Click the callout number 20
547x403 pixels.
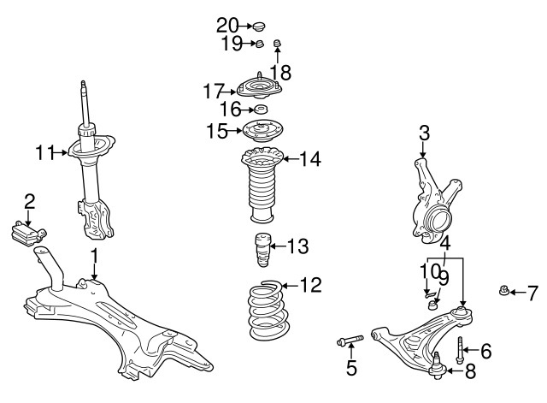(x=227, y=24)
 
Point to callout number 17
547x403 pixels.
(x=213, y=90)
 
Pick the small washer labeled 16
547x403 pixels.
(x=260, y=110)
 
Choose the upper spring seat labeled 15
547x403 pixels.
(x=262, y=132)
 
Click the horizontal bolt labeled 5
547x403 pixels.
(x=350, y=344)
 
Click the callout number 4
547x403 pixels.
(x=445, y=242)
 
